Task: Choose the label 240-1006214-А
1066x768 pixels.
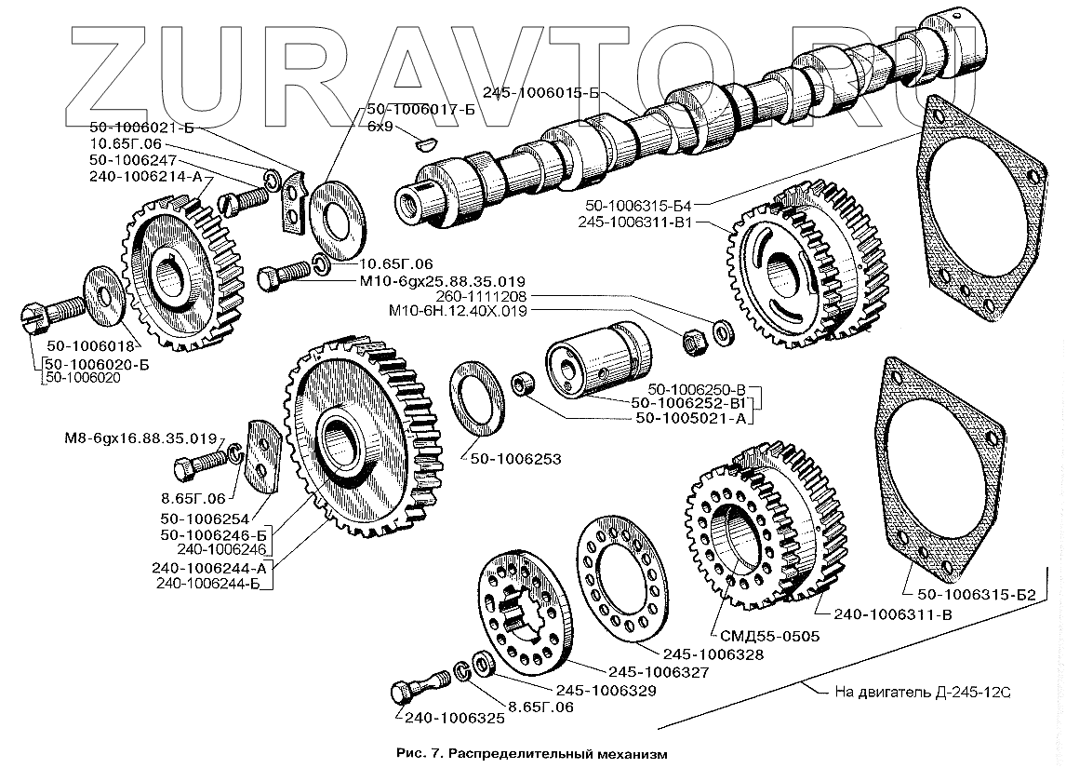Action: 147,174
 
